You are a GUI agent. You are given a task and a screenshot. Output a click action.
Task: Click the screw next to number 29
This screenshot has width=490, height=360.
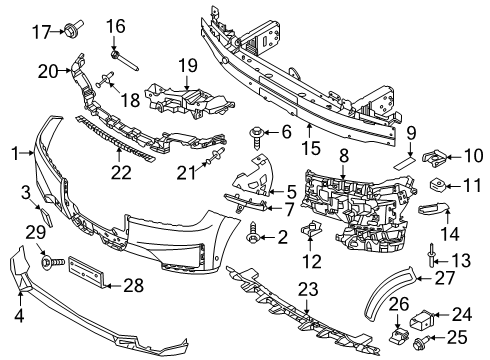point(47,263)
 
